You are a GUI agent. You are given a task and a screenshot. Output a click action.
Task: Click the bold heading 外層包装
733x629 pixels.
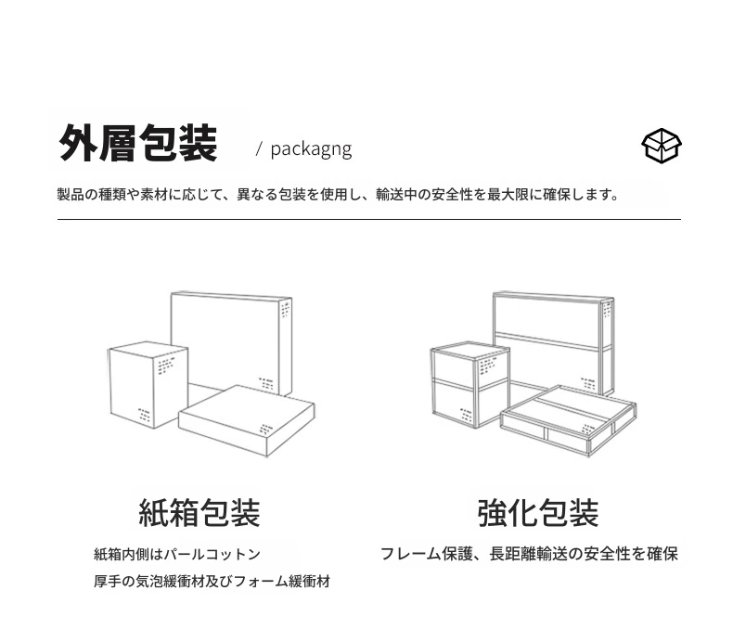[138, 143]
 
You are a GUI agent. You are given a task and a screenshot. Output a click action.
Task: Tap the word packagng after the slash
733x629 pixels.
[311, 149]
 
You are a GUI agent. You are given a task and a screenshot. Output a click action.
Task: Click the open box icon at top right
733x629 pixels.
[661, 146]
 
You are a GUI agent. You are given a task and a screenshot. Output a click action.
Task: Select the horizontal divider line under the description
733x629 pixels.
[369, 219]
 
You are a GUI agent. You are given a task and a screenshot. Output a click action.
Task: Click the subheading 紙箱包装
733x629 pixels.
[199, 513]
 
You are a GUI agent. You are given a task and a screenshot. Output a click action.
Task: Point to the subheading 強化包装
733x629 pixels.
[538, 513]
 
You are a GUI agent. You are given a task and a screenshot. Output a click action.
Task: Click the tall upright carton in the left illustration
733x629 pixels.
[148, 385]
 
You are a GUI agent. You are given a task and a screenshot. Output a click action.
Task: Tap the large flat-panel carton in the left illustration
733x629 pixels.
[231, 343]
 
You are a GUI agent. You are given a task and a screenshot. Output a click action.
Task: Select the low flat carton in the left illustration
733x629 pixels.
[247, 420]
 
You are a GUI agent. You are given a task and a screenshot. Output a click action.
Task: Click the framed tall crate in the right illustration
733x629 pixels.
[469, 385]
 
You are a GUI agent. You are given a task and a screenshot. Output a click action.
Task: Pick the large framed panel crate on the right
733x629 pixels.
[554, 343]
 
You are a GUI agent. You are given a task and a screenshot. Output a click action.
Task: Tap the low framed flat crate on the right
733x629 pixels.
[568, 420]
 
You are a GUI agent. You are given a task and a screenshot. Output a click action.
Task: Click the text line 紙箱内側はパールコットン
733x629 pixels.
[177, 554]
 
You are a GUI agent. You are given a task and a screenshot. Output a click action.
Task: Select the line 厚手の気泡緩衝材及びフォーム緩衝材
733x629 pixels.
[212, 582]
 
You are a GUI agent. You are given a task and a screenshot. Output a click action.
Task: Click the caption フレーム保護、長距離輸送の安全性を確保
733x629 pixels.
[529, 554]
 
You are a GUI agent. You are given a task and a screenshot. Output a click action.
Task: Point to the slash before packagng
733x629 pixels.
[259, 149]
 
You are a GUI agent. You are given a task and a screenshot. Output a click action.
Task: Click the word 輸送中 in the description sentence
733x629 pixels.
[396, 195]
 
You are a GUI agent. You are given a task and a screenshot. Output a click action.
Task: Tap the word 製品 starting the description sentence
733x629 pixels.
[71, 195]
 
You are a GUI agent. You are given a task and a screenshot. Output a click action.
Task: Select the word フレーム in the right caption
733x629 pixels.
[410, 554]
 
